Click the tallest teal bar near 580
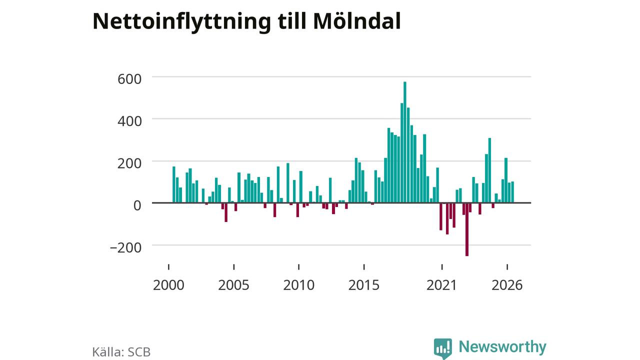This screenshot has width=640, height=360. coord(405,142)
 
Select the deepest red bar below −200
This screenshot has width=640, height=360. coord(467,229)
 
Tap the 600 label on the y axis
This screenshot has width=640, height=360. coord(129,79)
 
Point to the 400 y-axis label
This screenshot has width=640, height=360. coord(129,121)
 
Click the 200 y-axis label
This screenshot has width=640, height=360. coord(129,163)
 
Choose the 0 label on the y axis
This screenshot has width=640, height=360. coord(137,205)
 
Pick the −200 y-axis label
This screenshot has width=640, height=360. coord(125,247)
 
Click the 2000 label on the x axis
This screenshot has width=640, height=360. coord(168,285)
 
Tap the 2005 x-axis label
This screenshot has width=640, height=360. coord(233,285)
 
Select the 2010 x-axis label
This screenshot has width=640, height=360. coord(299,285)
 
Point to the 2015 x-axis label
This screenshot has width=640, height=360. coord(363,285)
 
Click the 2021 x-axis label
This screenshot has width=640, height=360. coord(441,285)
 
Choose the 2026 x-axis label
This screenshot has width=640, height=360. coord(507,285)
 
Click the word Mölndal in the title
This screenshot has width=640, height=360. coord(357,21)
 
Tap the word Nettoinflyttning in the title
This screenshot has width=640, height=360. coord(181,22)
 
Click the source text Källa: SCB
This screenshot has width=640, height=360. coord(121,351)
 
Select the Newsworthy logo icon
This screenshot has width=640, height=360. coord(443,348)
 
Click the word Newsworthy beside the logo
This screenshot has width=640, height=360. coord(502,346)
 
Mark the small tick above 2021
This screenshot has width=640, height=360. coord(442,267)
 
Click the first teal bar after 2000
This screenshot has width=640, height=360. coord(173,184)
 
